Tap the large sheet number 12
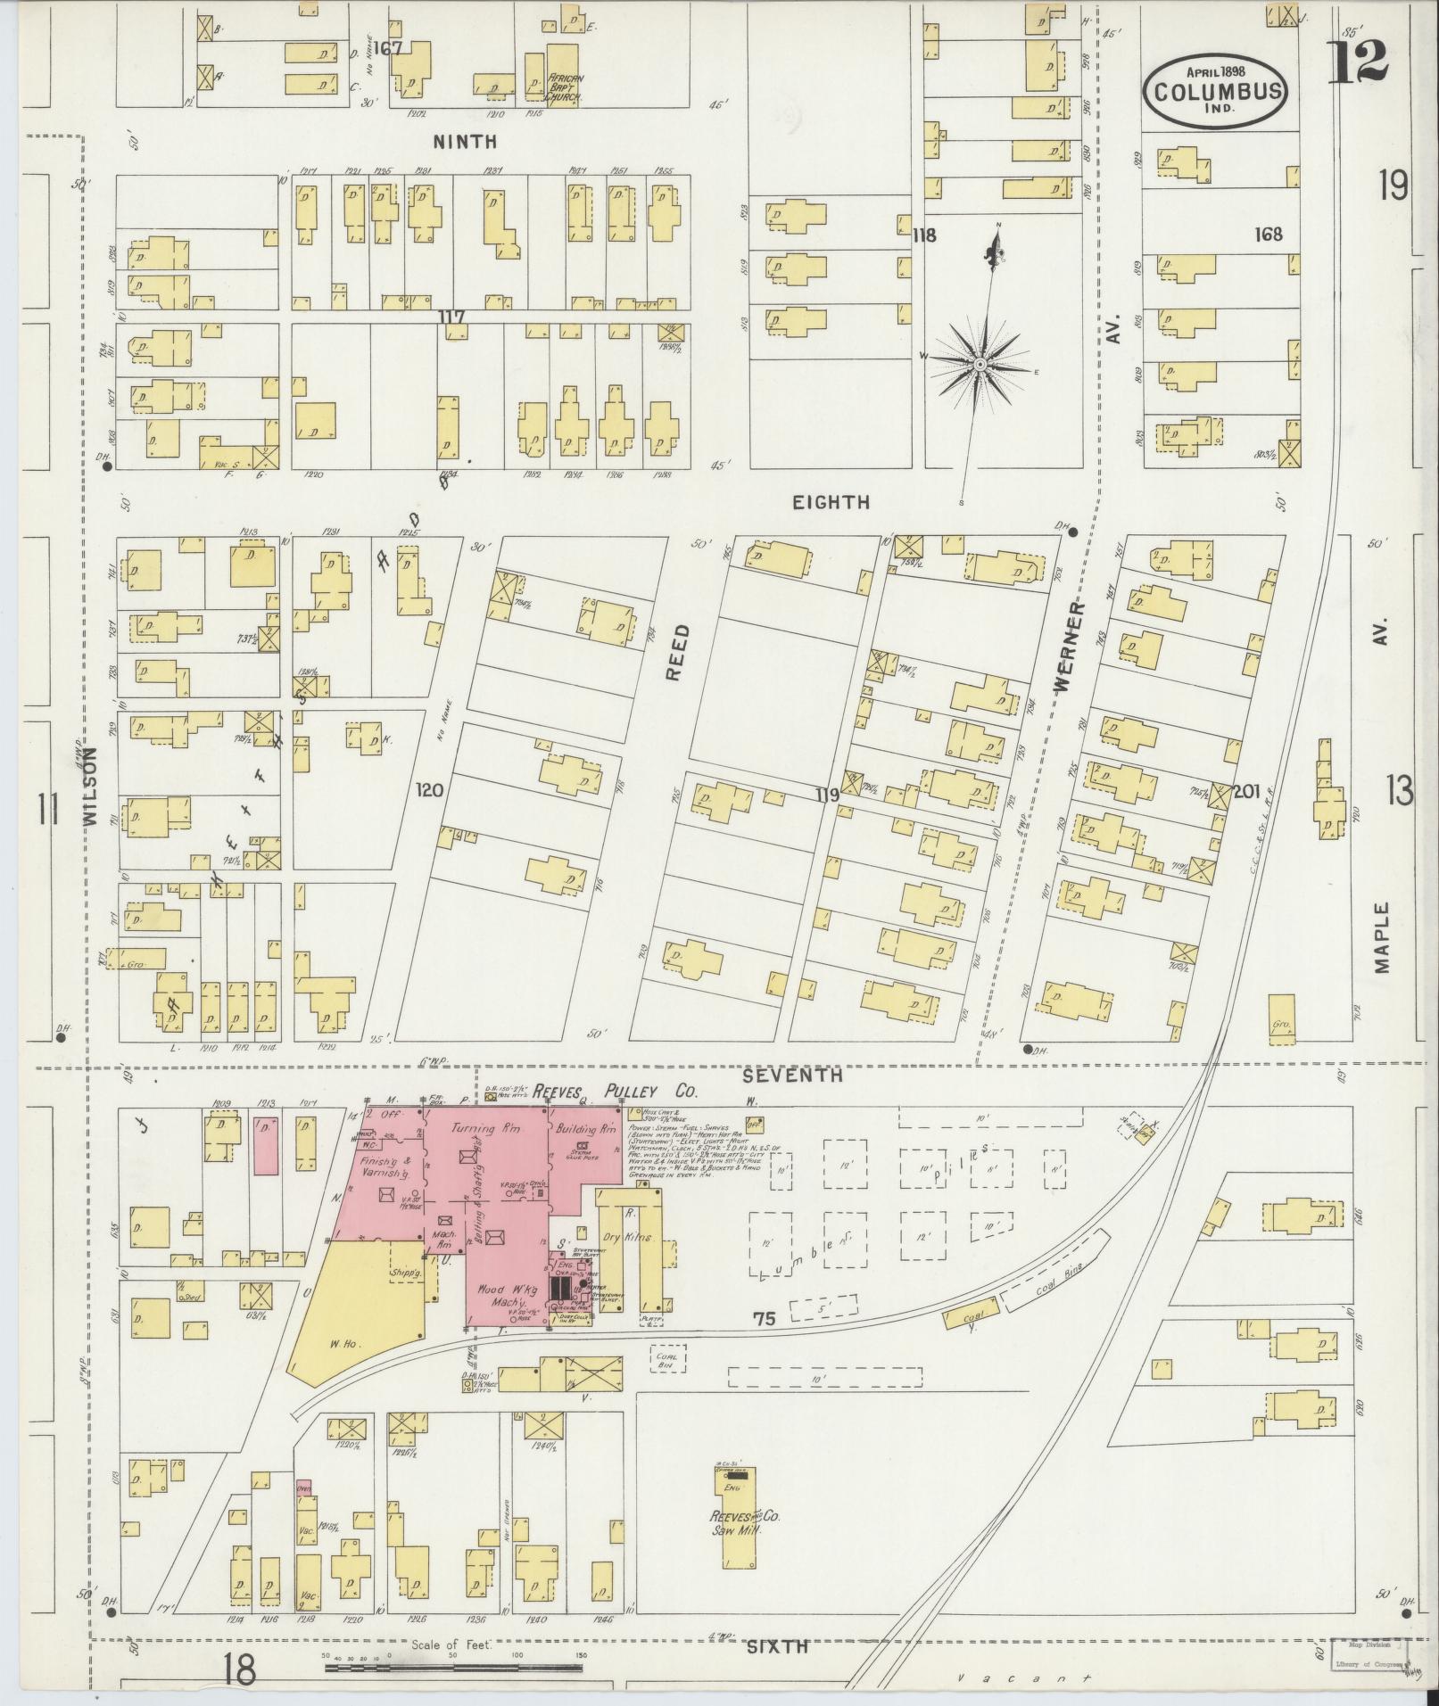1356,61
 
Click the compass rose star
980,364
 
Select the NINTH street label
464,142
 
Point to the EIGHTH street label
831,502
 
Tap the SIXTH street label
778,1647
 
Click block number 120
429,789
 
